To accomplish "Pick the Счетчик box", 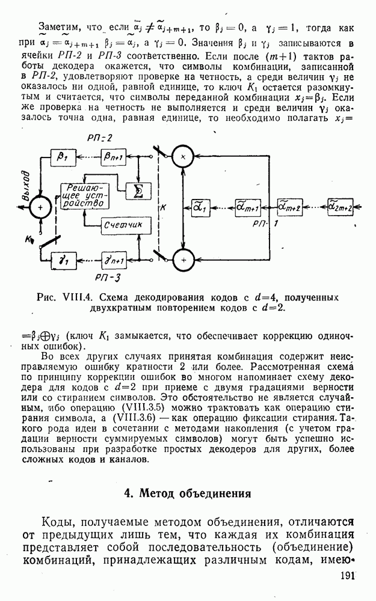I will coord(122,225).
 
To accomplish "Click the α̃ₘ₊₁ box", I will coord(247,207).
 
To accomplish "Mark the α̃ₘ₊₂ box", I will coord(290,207).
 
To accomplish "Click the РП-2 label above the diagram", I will coord(99,138).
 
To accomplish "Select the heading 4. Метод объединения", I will coord(186,494).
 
